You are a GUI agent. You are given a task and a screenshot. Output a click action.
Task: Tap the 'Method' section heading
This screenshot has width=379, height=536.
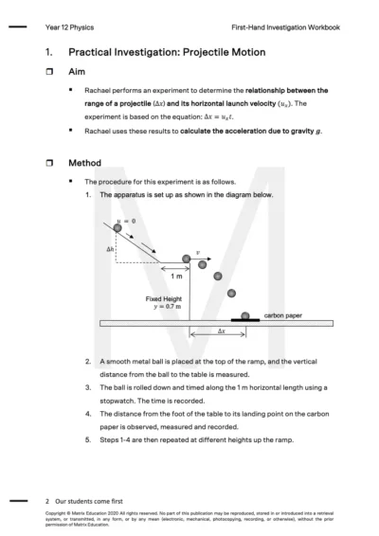coord(85,163)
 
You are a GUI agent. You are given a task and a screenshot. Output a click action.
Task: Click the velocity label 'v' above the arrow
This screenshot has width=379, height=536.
coord(197,254)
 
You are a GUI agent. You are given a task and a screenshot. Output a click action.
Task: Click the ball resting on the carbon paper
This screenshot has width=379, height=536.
coord(245,314)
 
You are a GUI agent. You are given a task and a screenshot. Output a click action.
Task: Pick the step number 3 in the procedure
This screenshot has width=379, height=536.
coord(89,387)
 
